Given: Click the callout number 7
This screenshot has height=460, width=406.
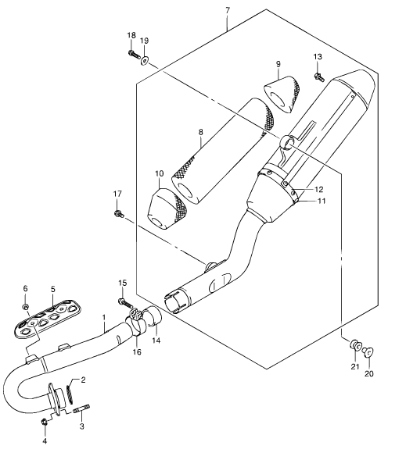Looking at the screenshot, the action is [x=228, y=11].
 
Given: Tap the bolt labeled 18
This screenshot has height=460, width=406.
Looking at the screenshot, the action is [x=135, y=55].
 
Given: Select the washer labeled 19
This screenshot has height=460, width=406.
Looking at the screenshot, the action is [x=145, y=61].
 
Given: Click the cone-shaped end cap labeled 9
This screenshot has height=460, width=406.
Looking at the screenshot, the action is [x=282, y=94].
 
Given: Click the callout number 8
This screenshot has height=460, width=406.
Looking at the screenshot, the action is [x=200, y=132].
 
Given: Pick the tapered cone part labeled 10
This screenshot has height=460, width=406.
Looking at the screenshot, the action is [x=167, y=209].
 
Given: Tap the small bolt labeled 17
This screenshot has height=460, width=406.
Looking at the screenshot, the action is [x=118, y=214].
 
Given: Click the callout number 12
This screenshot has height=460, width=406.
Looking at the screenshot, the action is [x=318, y=190].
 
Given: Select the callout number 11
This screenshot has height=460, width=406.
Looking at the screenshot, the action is [x=322, y=201].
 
